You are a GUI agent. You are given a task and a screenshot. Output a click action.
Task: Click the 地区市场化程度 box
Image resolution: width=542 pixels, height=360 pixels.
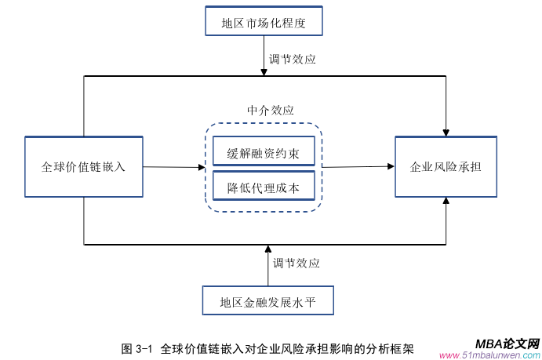click(263, 22)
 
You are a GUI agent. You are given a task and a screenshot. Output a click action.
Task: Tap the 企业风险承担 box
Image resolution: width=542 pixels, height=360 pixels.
click(446, 166)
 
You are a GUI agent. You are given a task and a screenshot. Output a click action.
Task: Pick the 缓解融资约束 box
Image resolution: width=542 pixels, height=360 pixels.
click(264, 151)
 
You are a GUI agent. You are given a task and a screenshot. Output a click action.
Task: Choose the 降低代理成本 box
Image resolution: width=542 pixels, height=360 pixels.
click(264, 187)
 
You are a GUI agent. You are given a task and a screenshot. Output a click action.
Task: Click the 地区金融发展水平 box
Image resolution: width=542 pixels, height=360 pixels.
click(267, 300)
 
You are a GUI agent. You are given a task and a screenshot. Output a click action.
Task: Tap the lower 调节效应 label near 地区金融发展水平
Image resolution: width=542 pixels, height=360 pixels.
click(296, 263)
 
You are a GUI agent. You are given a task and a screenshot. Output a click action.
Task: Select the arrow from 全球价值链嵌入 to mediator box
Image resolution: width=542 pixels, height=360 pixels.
click(172, 166)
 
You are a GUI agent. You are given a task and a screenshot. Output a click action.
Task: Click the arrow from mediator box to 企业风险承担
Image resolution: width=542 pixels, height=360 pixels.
click(358, 166)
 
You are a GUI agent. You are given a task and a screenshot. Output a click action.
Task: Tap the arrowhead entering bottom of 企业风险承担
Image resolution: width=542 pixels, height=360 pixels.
click(446, 202)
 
